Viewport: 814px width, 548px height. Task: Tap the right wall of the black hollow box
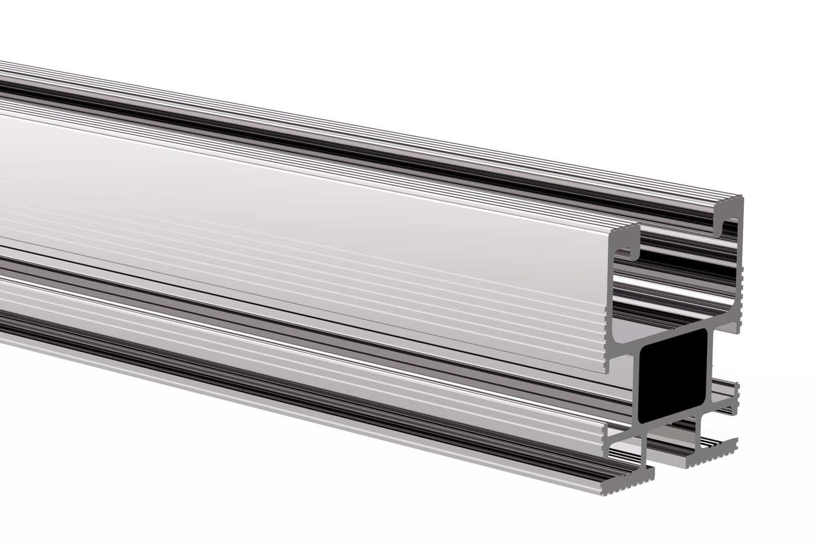pos(714,366)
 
